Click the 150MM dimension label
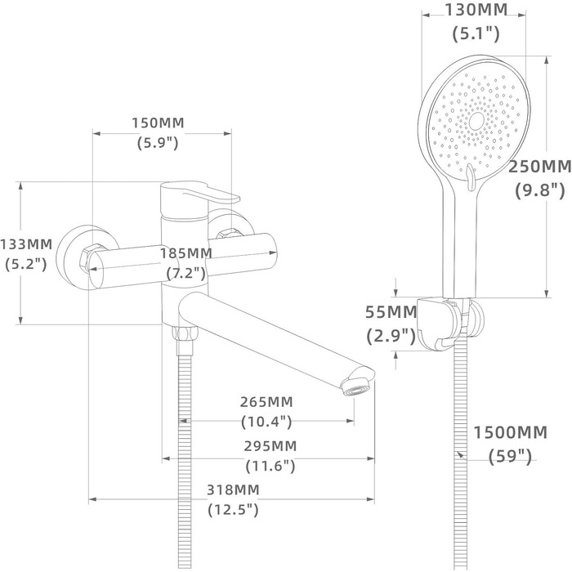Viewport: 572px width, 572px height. click(x=158, y=123)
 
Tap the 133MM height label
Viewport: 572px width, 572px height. click(x=26, y=244)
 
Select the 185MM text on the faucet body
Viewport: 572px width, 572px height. click(x=186, y=252)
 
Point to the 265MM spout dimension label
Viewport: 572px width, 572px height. click(x=266, y=402)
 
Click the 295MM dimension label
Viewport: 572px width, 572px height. click(x=270, y=446)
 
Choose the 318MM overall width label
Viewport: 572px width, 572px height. click(x=233, y=489)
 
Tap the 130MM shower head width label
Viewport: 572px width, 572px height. click(x=476, y=10)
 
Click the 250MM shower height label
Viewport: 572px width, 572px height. click(x=540, y=167)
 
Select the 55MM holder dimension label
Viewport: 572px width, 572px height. click(x=391, y=312)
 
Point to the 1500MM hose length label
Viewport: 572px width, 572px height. click(x=511, y=432)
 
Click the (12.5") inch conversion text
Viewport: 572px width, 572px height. click(x=233, y=509)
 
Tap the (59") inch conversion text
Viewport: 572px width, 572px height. click(x=510, y=456)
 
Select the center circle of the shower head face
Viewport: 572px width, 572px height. click(x=476, y=121)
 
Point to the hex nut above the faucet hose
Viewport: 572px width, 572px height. click(x=185, y=333)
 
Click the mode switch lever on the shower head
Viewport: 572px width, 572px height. click(x=470, y=174)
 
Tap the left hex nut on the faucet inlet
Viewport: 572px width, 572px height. click(x=88, y=258)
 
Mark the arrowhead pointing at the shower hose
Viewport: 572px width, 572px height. click(x=459, y=454)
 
